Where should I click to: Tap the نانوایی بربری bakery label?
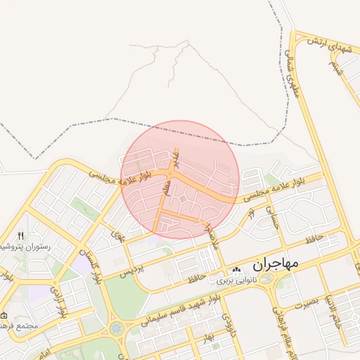click(x=210, y=280)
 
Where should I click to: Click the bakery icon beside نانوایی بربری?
click(x=237, y=269)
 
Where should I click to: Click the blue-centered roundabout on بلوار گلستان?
click(x=116, y=328)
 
